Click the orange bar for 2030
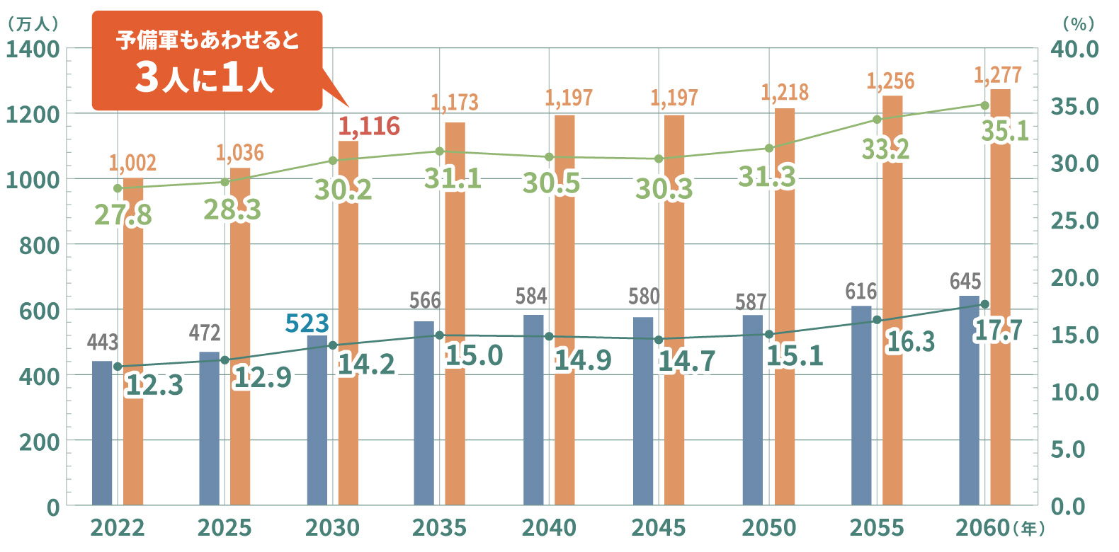click(348, 323)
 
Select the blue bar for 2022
click(102, 432)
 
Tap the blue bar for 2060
click(969, 401)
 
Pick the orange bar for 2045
click(674, 310)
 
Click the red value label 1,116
click(369, 126)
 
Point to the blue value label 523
click(307, 323)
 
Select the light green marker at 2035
click(440, 151)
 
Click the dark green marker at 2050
click(769, 335)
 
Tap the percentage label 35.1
click(1005, 131)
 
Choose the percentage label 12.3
click(154, 385)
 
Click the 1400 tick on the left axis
click(33, 50)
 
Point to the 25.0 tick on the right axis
click(1074, 221)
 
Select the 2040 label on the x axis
click(549, 528)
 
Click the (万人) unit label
click(33, 23)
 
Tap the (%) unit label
click(1079, 23)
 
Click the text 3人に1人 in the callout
click(205, 79)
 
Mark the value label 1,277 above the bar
click(998, 75)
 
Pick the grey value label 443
click(103, 343)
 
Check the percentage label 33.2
click(886, 149)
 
